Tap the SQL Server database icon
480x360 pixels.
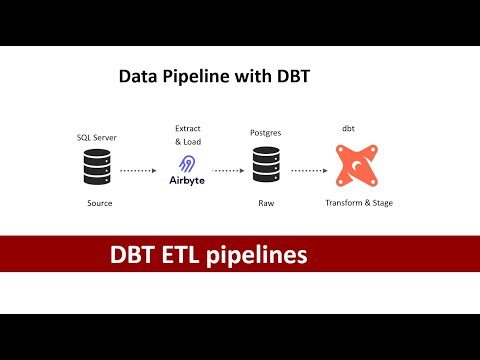tap(98, 167)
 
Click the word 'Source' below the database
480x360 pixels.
tap(99, 203)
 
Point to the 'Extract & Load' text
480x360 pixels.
tap(188, 136)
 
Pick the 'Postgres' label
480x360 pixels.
tap(267, 132)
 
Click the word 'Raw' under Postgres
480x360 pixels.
tap(267, 203)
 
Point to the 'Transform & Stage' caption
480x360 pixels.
tap(359, 203)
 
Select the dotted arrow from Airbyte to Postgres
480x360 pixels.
tap(226, 170)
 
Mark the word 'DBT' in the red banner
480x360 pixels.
tap(131, 256)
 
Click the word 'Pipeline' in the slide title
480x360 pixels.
tap(196, 75)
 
